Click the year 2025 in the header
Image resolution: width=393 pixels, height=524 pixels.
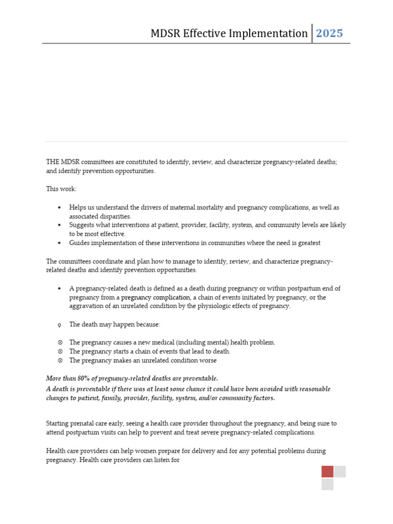pos(330,34)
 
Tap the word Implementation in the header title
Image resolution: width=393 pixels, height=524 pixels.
pos(276,34)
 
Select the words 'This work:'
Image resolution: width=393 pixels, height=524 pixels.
pos(61,189)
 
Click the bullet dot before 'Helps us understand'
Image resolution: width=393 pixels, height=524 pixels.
pos(60,208)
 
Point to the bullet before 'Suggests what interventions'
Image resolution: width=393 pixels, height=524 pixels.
pos(60,225)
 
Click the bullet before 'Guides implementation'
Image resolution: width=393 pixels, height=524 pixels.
pos(60,243)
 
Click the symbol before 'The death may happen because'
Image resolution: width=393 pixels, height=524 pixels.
pos(60,325)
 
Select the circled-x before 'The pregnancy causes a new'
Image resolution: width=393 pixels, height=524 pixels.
pos(60,342)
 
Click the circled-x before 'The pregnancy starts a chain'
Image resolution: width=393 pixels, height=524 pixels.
pos(60,352)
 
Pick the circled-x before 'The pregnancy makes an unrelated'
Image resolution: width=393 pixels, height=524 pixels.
pos(60,360)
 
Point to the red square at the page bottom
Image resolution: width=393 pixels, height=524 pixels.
pos(327,471)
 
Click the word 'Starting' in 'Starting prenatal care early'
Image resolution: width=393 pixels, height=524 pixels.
pos(59,424)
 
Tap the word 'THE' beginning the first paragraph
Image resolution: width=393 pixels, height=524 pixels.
pos(53,162)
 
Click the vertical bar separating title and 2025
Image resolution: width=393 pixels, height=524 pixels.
pos(312,33)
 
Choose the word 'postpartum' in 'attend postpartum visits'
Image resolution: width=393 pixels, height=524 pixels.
pos(82,432)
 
